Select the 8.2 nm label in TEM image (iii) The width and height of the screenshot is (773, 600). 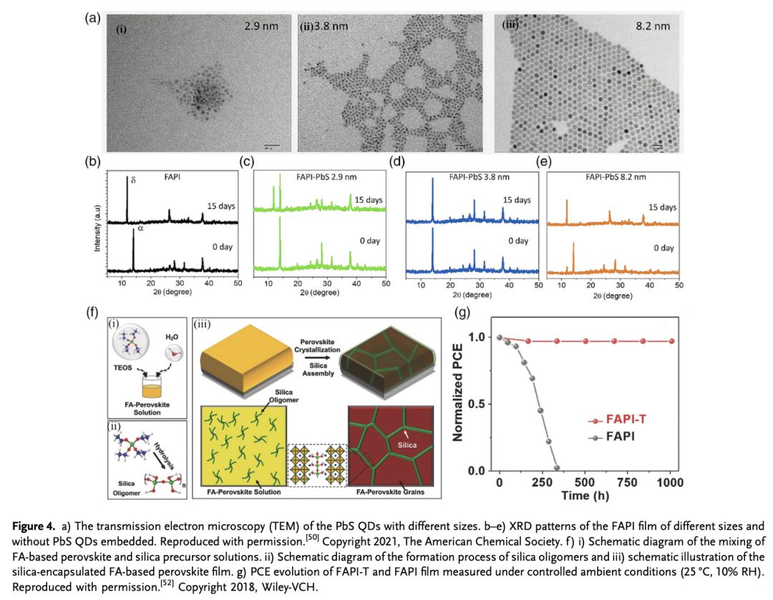653,26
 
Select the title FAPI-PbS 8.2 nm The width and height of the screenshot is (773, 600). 611,177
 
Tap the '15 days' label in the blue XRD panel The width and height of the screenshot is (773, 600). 517,200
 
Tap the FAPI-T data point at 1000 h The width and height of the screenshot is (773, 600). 671,341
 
